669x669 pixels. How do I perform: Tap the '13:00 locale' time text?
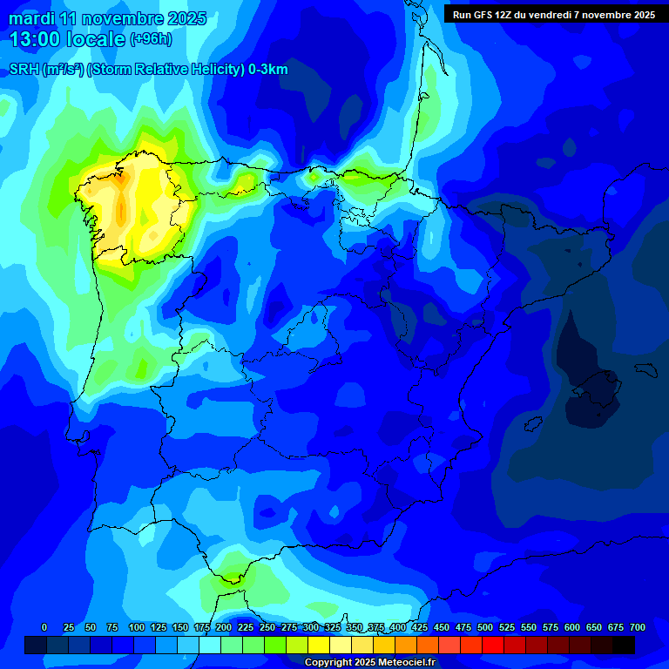point(67,38)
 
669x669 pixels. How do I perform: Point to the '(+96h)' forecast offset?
point(151,39)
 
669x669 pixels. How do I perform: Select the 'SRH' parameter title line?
point(148,70)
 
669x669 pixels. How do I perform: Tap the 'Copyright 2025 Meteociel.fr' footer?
point(369,662)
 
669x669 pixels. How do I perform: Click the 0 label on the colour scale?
point(44,627)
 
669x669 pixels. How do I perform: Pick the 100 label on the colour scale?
point(136,627)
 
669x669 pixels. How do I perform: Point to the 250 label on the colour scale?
point(267,627)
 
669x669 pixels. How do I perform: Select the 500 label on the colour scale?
point(485,627)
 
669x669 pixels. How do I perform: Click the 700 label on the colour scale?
point(637,627)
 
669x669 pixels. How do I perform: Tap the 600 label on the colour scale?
point(572,627)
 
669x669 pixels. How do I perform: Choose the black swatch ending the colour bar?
point(624,645)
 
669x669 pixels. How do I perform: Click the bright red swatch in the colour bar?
point(493,645)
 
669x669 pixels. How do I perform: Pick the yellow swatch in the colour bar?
point(319,645)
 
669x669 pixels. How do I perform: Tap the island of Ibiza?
point(529,423)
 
